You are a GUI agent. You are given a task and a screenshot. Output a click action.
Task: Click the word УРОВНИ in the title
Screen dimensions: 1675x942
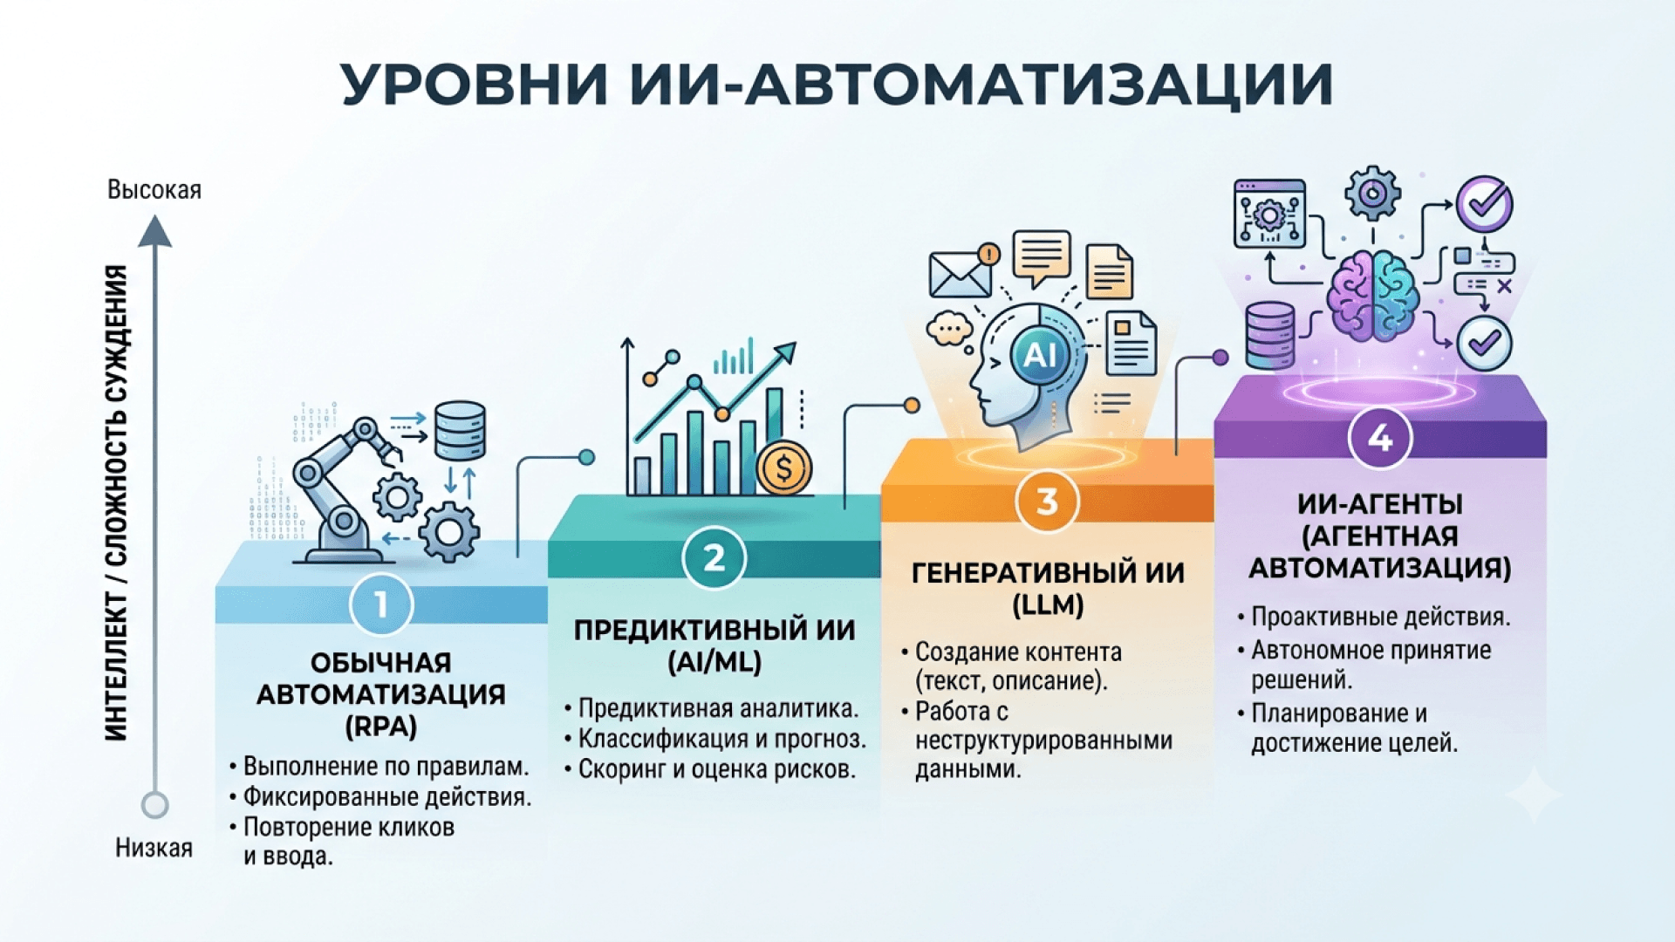click(475, 85)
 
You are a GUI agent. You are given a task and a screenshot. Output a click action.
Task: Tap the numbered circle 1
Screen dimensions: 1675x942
click(381, 604)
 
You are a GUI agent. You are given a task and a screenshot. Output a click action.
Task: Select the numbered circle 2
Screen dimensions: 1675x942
click(714, 557)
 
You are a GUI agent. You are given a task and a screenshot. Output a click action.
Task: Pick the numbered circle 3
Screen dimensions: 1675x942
click(1047, 502)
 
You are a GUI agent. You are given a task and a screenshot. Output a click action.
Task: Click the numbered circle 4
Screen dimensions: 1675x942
click(1380, 438)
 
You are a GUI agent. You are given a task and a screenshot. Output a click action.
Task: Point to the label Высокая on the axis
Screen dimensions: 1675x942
click(154, 190)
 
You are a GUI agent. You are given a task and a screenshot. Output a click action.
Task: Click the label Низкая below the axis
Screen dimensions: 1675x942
click(154, 848)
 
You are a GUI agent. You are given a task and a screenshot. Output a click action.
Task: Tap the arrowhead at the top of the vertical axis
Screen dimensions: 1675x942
click(155, 231)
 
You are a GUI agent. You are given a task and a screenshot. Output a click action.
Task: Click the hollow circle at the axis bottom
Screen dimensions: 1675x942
click(155, 804)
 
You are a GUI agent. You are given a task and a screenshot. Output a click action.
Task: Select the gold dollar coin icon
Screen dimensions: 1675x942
click(783, 468)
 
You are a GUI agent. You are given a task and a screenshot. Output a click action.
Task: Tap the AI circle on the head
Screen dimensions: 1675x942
click(1039, 355)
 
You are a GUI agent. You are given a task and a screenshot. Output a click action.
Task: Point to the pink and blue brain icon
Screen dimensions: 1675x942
click(1372, 296)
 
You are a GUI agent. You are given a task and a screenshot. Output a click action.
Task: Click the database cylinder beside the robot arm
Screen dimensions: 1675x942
click(460, 431)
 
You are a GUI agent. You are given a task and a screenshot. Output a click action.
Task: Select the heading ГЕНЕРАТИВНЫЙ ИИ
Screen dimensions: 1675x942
click(1048, 573)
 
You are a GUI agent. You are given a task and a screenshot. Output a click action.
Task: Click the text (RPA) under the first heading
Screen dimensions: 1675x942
click(381, 727)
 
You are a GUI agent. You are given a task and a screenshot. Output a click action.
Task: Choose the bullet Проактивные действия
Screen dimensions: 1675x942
click(1374, 617)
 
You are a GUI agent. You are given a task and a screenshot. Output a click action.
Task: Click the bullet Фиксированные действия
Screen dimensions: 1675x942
click(380, 797)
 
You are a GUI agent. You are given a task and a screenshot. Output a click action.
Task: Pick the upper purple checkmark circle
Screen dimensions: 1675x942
click(1485, 204)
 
